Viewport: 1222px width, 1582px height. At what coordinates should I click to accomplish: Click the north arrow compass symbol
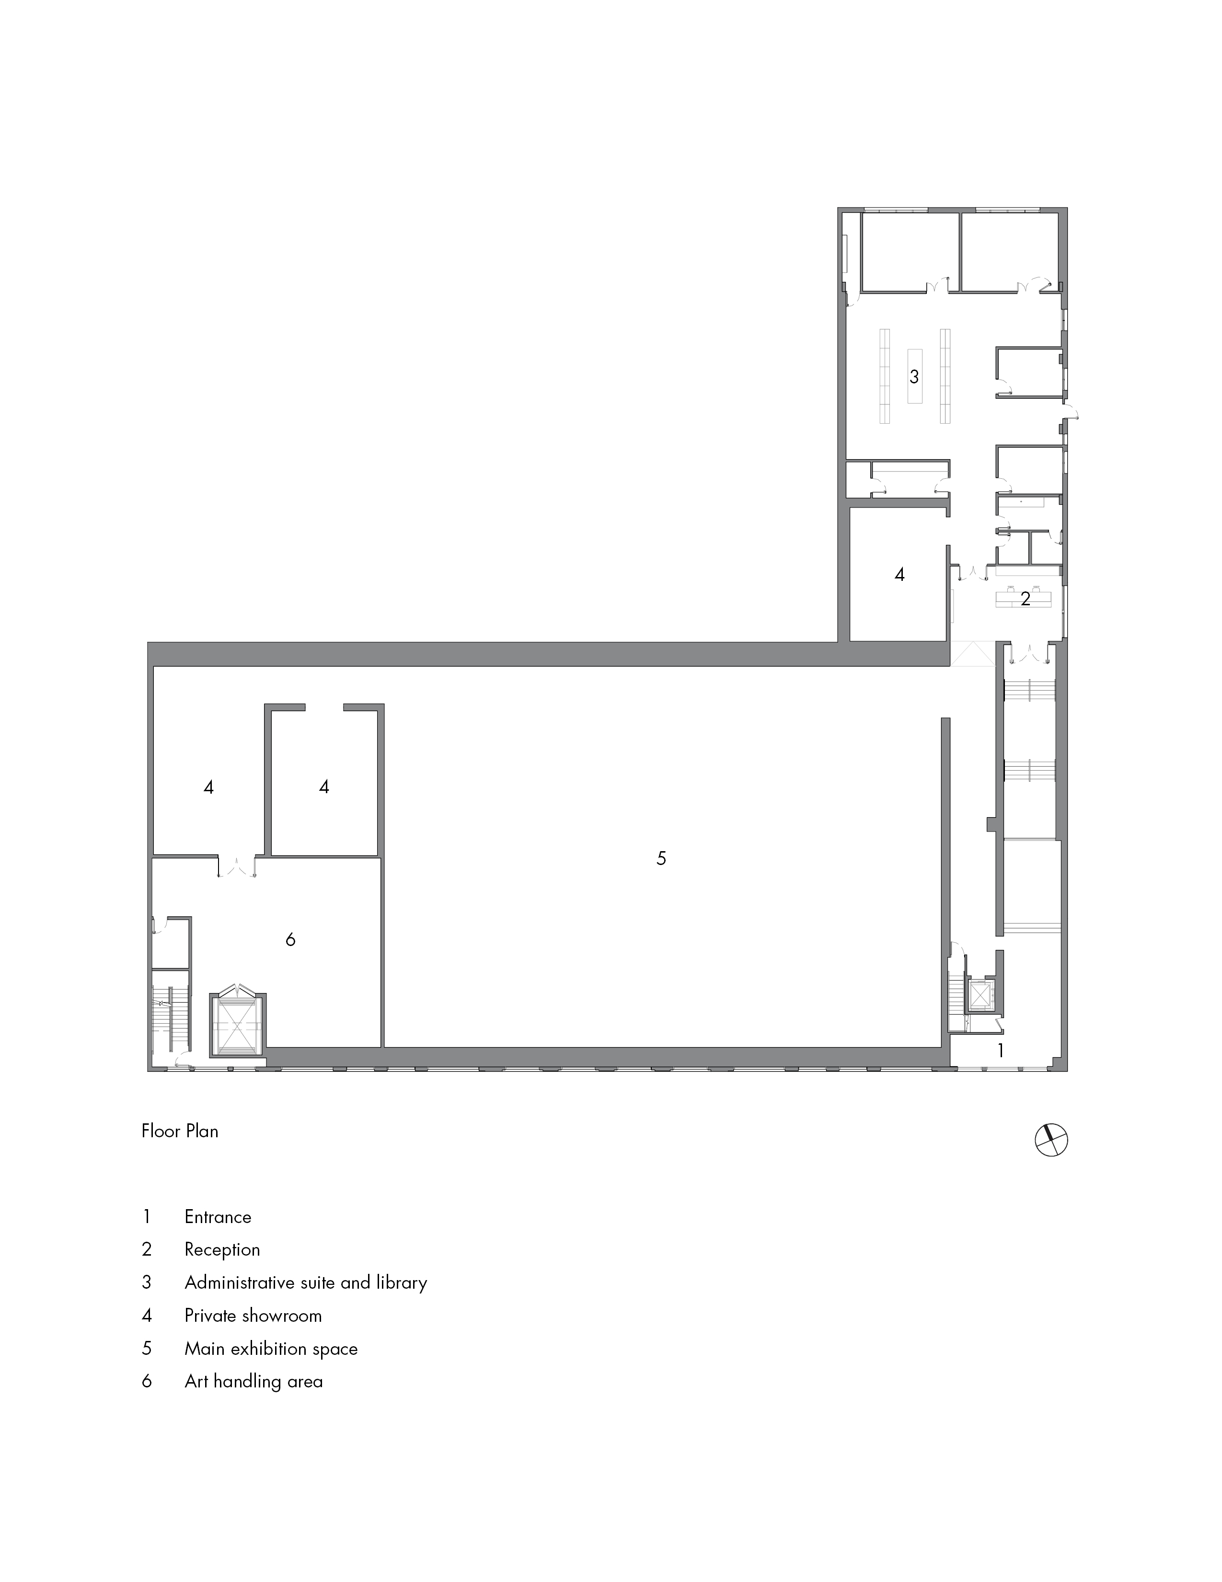(1051, 1140)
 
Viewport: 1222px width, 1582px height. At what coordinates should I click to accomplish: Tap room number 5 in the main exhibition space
(661, 858)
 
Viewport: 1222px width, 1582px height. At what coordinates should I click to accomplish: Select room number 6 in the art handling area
(290, 939)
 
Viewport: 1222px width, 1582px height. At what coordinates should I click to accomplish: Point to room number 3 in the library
(914, 377)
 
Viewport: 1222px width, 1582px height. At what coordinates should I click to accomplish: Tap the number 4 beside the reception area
(899, 575)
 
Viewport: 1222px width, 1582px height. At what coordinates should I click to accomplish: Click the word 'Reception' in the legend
(222, 1249)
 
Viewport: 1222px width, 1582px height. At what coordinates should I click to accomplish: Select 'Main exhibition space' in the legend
(271, 1349)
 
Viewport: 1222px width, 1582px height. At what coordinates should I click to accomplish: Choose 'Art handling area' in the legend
(254, 1381)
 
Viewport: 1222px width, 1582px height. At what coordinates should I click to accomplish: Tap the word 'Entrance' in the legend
(217, 1217)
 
